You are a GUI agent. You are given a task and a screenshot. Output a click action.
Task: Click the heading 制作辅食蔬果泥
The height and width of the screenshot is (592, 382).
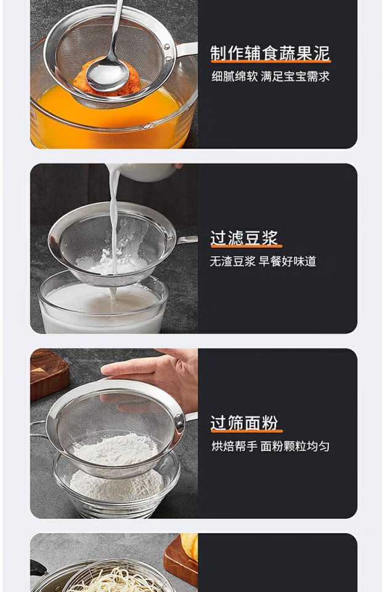(270, 53)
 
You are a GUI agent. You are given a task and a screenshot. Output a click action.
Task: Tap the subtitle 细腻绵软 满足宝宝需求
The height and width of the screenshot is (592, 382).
(270, 76)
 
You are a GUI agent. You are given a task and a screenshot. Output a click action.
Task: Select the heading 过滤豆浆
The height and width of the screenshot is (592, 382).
(245, 238)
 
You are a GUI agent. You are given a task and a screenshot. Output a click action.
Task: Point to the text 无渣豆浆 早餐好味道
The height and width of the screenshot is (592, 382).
(263, 261)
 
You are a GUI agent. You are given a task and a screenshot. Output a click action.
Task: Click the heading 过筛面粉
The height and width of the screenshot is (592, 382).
(245, 423)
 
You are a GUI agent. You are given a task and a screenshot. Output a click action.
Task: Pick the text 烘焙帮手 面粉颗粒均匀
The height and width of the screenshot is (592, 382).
(270, 446)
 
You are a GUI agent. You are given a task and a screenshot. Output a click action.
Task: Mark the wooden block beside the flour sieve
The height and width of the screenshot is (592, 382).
(49, 374)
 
